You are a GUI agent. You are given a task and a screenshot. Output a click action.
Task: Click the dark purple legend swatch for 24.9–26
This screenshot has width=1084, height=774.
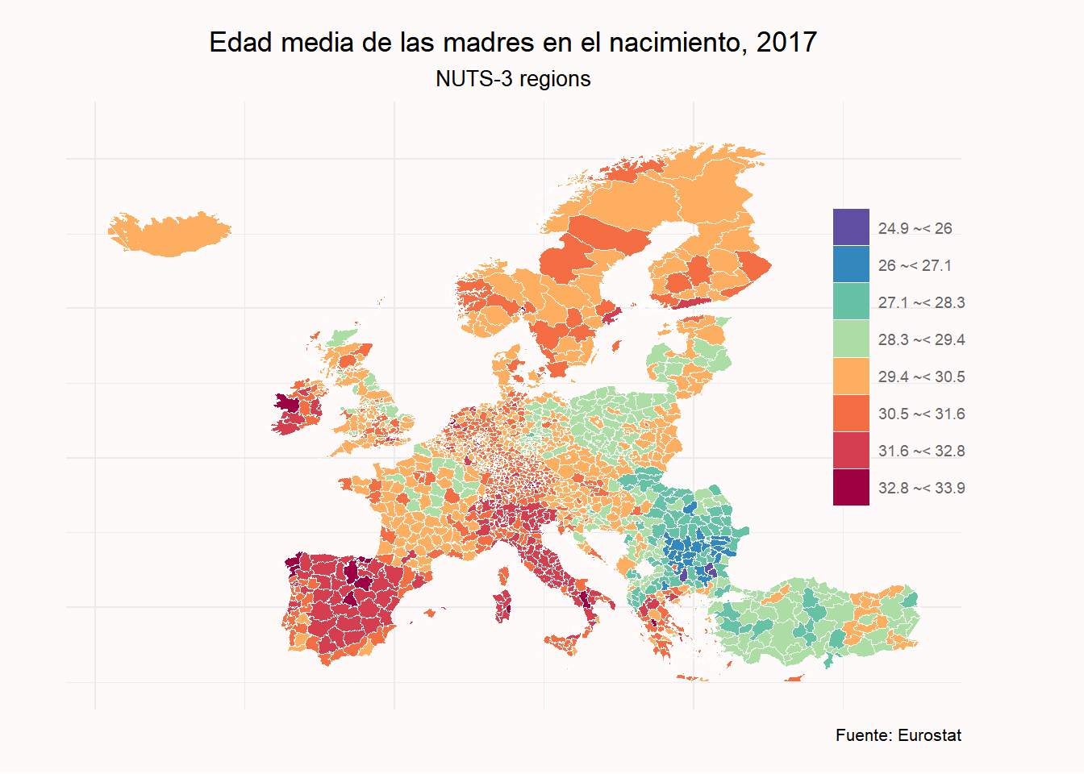[851, 227]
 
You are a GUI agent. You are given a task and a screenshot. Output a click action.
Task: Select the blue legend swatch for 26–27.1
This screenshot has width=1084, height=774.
[851, 264]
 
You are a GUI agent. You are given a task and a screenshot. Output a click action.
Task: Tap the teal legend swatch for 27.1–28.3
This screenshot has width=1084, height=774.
[851, 302]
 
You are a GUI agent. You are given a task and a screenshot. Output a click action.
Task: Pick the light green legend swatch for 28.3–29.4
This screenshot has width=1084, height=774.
[851, 339]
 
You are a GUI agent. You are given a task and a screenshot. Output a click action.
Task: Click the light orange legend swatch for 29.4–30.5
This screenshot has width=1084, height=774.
[851, 376]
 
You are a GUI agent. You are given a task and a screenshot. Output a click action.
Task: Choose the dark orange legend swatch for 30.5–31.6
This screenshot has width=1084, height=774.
[851, 413]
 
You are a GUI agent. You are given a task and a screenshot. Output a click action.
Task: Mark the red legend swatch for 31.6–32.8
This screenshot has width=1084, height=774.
[851, 450]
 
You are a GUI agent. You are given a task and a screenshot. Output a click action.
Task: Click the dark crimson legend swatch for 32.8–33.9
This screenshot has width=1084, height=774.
[851, 487]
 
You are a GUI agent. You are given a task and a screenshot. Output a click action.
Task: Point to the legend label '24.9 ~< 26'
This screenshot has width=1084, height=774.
[915, 228]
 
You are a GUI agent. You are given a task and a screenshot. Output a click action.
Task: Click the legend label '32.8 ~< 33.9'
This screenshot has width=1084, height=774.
[921, 488]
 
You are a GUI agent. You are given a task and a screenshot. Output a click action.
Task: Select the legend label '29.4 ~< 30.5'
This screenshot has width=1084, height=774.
[921, 377]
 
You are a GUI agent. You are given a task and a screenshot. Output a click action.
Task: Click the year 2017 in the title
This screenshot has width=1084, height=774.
[786, 42]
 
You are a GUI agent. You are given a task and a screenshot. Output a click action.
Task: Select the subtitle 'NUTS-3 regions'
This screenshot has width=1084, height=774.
[513, 79]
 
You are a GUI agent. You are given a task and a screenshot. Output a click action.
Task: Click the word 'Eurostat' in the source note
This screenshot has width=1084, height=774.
[929, 735]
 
